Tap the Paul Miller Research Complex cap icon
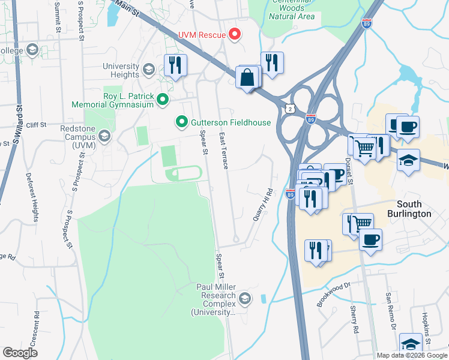tap(245, 298)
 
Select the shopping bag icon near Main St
tap(248, 77)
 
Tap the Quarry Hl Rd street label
tap(262, 205)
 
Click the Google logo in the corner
tap(20, 353)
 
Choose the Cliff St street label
tap(36, 125)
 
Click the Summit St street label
tap(58, 16)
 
